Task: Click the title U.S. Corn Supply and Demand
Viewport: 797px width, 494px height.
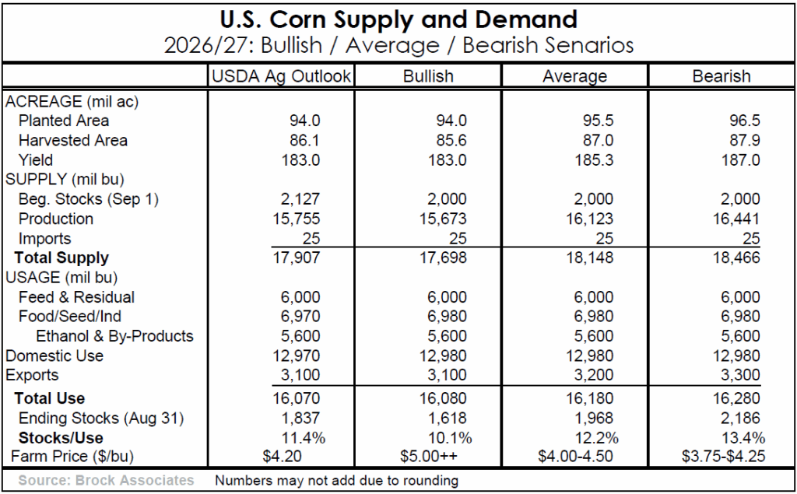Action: pos(398,19)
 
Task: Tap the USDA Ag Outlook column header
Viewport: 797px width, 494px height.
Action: pos(281,76)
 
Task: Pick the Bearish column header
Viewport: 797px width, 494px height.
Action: pos(722,76)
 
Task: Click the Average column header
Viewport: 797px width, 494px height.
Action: pos(574,76)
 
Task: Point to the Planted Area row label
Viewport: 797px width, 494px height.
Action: pos(64,121)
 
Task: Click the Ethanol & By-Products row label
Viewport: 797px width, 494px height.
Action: pos(114,337)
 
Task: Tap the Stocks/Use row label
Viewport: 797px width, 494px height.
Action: pos(61,437)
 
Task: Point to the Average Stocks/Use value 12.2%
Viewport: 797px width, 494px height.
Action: pos(593,437)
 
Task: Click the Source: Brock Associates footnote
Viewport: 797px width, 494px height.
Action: pos(106,481)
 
